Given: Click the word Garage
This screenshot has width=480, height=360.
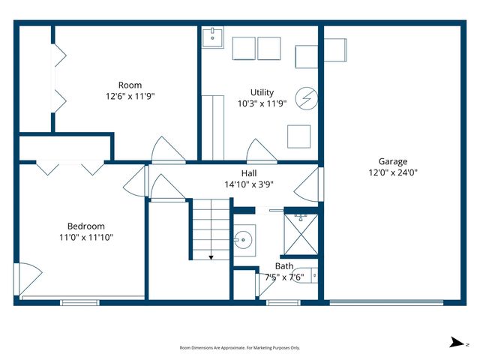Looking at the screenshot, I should click(392, 161).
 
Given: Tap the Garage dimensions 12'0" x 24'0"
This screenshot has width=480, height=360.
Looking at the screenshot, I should click(392, 172).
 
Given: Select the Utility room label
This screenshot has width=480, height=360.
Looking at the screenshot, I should click(262, 92).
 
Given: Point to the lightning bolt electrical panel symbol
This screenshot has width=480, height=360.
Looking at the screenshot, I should click(306, 97).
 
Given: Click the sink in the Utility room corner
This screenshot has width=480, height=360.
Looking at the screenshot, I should click(212, 35).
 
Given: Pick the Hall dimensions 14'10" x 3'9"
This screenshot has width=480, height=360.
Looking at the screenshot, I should click(262, 184).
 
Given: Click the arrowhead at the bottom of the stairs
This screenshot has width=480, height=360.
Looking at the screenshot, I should click(211, 256).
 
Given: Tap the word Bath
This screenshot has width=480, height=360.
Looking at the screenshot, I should click(284, 265).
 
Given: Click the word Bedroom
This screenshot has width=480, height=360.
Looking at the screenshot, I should click(86, 226).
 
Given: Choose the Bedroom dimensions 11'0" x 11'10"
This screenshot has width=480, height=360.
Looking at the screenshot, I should click(86, 237).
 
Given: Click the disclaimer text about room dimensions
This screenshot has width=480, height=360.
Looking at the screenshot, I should click(240, 347).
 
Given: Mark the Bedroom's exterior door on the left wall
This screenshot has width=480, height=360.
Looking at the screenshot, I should click(24, 277).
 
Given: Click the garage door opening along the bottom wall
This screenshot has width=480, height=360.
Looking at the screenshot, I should click(392, 302).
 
